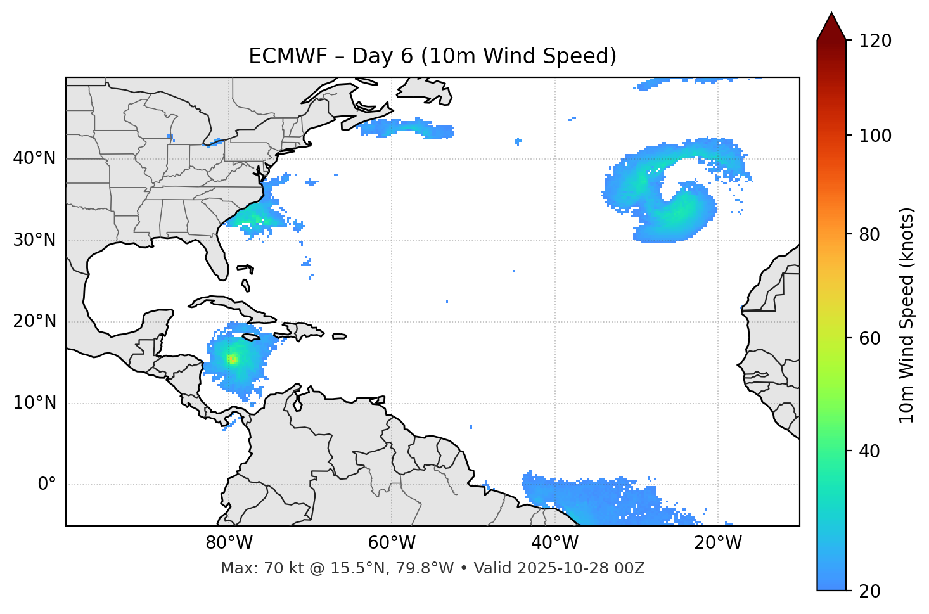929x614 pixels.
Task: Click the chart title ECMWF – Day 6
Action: (x=432, y=56)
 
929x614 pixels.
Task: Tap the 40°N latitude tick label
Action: (x=34, y=158)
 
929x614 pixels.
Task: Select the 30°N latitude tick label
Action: (x=34, y=240)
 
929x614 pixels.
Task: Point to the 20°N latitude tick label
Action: (x=34, y=321)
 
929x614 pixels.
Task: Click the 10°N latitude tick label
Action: (x=34, y=403)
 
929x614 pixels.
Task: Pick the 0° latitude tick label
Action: (x=46, y=485)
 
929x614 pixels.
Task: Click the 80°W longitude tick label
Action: (x=229, y=543)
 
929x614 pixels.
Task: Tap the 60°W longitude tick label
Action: (x=392, y=543)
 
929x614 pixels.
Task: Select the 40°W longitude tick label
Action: (x=555, y=543)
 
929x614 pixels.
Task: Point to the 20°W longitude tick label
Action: (x=718, y=543)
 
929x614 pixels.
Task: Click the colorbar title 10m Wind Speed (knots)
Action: (x=907, y=315)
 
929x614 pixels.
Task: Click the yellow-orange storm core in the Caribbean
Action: (x=233, y=359)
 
